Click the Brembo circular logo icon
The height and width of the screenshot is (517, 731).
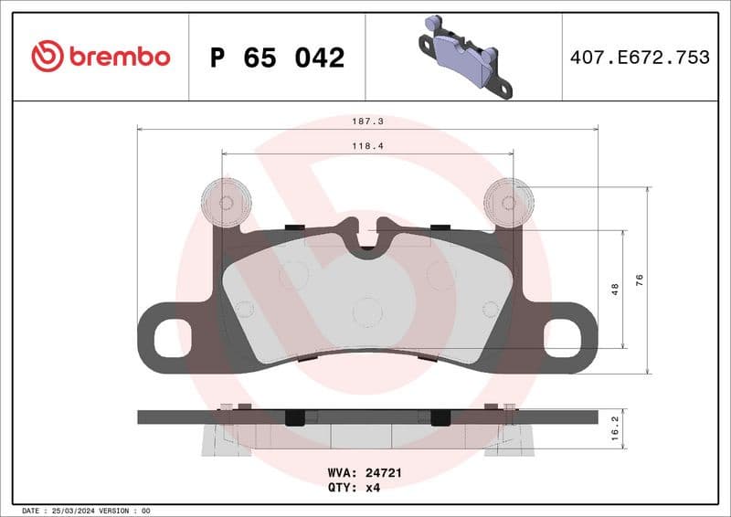coord(48,57)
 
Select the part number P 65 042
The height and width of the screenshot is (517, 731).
coord(277,58)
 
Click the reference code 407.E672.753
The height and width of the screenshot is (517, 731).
coord(640,58)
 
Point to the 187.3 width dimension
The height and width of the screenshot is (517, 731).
coord(367,120)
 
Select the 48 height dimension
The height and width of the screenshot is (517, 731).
coord(615,289)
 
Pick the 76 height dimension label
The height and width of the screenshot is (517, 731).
coord(640,280)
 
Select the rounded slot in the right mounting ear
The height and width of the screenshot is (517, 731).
coord(561,339)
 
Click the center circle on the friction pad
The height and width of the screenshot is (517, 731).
coord(366,311)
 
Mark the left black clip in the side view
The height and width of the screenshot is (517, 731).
coord(294,417)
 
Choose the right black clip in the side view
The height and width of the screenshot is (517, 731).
coord(439,417)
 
